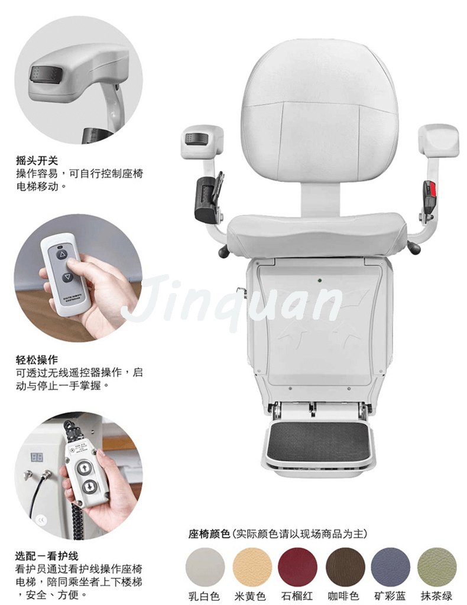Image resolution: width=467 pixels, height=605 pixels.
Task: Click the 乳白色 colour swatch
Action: point(205,567)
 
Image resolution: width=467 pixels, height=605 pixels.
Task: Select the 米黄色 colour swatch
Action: point(252,567)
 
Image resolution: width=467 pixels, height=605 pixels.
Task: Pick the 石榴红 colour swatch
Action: point(298,567)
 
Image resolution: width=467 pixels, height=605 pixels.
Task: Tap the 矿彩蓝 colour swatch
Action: point(391,567)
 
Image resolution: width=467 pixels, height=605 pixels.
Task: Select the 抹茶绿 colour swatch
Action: point(437,567)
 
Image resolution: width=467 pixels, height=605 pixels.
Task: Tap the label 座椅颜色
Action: point(208,534)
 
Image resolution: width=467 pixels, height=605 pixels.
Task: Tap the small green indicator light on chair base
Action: point(319,281)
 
